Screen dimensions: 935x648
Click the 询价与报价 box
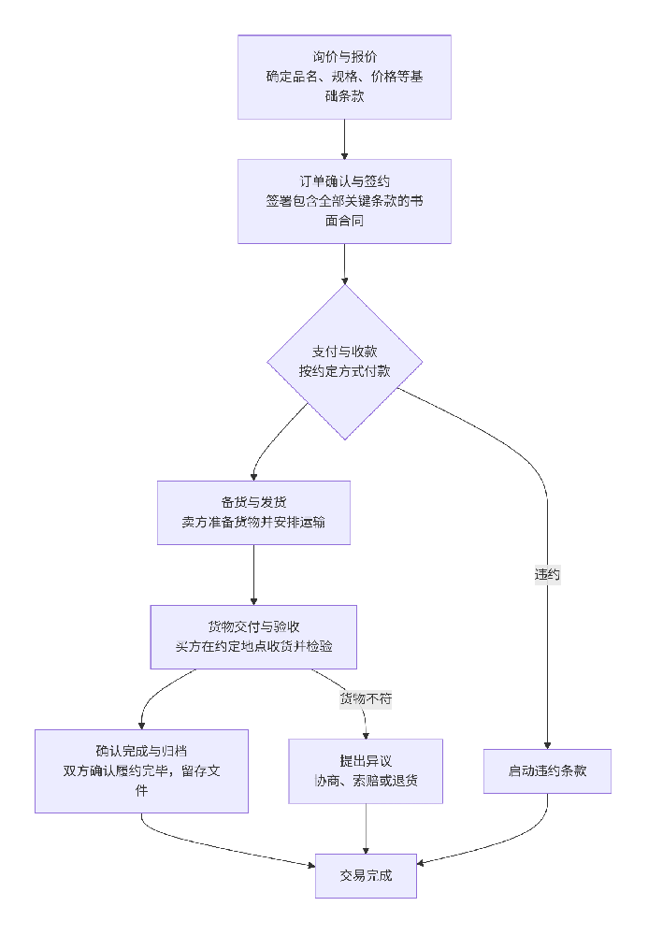[x=344, y=77]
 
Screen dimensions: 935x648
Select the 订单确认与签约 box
[x=344, y=201]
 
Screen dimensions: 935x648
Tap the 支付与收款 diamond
[x=344, y=362]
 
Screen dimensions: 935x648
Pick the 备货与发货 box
[x=253, y=512]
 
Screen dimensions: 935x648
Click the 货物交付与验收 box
[x=253, y=637]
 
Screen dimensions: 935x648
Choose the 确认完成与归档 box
[x=141, y=771]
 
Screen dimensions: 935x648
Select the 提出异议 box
[x=365, y=771]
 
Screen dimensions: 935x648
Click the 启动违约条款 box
[x=547, y=771]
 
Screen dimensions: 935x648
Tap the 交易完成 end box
[x=366, y=876]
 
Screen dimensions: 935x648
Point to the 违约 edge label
[x=547, y=574]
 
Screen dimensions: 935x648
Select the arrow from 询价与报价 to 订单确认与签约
[x=344, y=138]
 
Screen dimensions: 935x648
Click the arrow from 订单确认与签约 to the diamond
[x=344, y=264]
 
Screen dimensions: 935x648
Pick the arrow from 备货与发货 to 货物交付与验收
[x=253, y=574]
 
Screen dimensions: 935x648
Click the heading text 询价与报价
[x=344, y=57]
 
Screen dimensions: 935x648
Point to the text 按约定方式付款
[x=344, y=371]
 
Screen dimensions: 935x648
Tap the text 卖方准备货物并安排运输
[x=253, y=523]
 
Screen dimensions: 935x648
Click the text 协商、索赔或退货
[x=365, y=782]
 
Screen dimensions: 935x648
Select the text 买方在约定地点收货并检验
[x=253, y=647]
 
